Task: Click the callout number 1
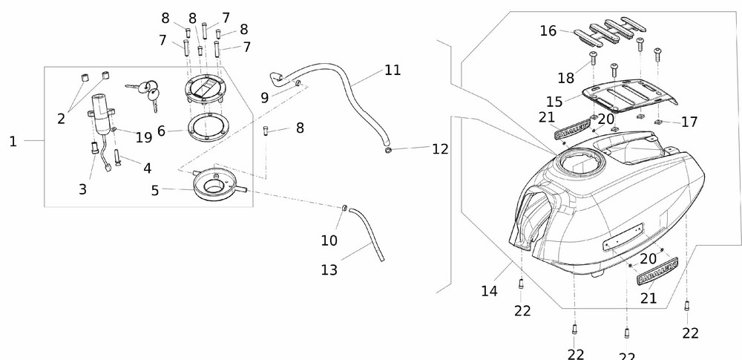point(13,141)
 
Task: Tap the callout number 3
point(82,189)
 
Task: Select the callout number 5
point(155,191)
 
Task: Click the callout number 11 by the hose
point(393,71)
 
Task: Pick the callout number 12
point(440,149)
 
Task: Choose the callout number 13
point(329,269)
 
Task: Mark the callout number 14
point(488,292)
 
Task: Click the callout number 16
point(548,31)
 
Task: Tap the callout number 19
point(144,137)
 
